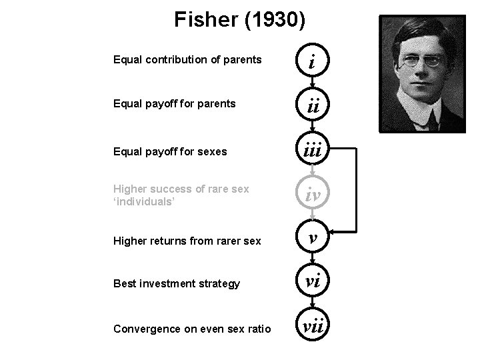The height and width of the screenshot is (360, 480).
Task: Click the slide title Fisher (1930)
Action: click(x=240, y=20)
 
